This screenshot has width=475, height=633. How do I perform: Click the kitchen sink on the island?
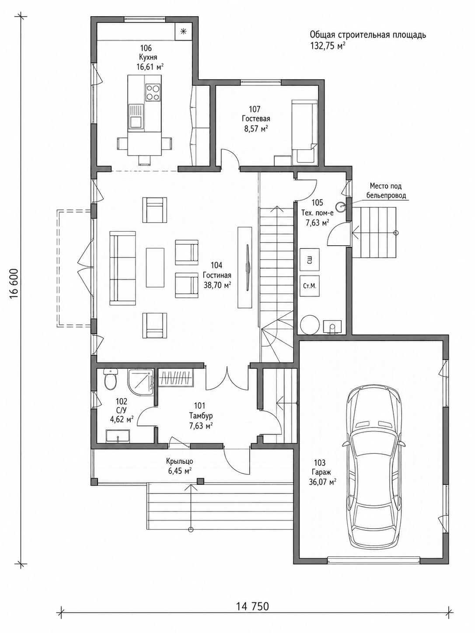click(136, 116)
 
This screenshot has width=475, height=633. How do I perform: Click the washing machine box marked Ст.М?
click(310, 286)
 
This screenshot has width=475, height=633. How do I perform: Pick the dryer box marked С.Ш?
click(310, 259)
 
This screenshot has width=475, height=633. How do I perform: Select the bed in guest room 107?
click(304, 132)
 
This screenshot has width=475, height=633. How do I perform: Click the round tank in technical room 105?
click(310, 325)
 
